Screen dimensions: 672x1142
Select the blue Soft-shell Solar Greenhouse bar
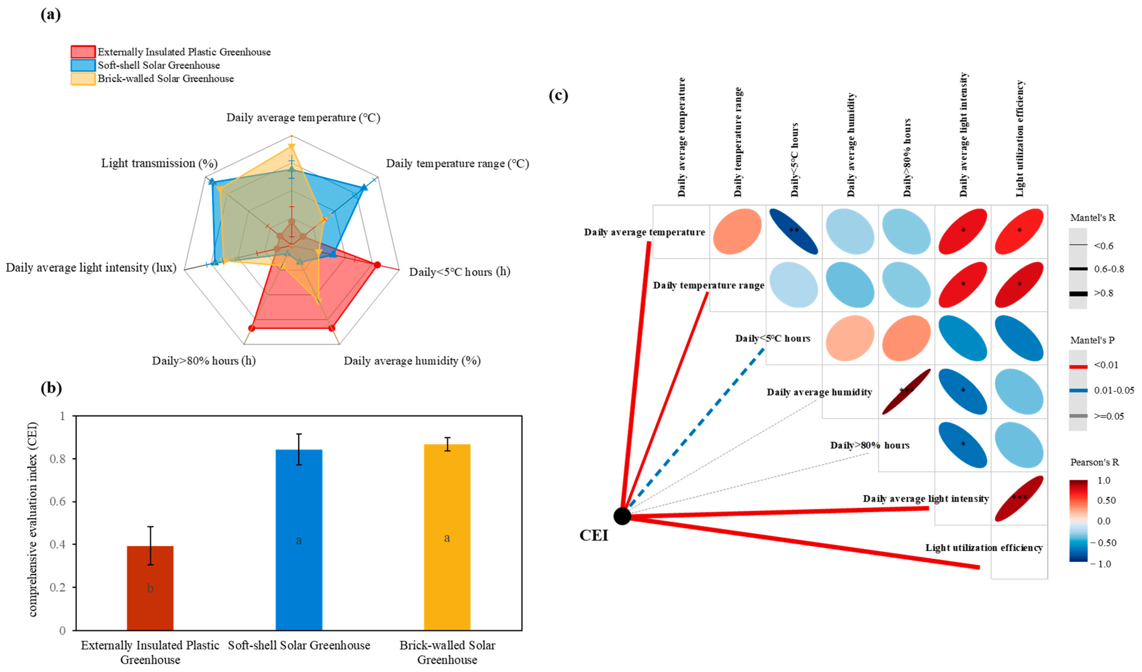[299, 539]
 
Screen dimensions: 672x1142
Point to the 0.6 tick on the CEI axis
[59, 501]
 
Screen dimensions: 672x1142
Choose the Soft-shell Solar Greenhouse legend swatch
[83, 65]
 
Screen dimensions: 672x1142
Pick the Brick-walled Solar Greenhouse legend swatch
[83, 79]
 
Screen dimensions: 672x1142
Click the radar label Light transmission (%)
[159, 163]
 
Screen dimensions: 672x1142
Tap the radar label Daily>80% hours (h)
[203, 361]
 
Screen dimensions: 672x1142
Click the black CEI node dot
[622, 516]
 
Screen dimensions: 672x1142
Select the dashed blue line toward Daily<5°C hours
[693, 430]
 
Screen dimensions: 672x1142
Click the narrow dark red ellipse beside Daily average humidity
[906, 391]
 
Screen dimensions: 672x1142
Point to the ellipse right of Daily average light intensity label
[1019, 498]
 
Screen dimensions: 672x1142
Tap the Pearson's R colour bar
[1078, 521]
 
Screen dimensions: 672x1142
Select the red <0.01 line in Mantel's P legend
[1078, 366]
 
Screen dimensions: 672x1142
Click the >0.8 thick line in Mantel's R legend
[1078, 294]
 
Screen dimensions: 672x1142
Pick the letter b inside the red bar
[150, 589]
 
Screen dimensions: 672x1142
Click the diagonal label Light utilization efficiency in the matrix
[984, 548]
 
